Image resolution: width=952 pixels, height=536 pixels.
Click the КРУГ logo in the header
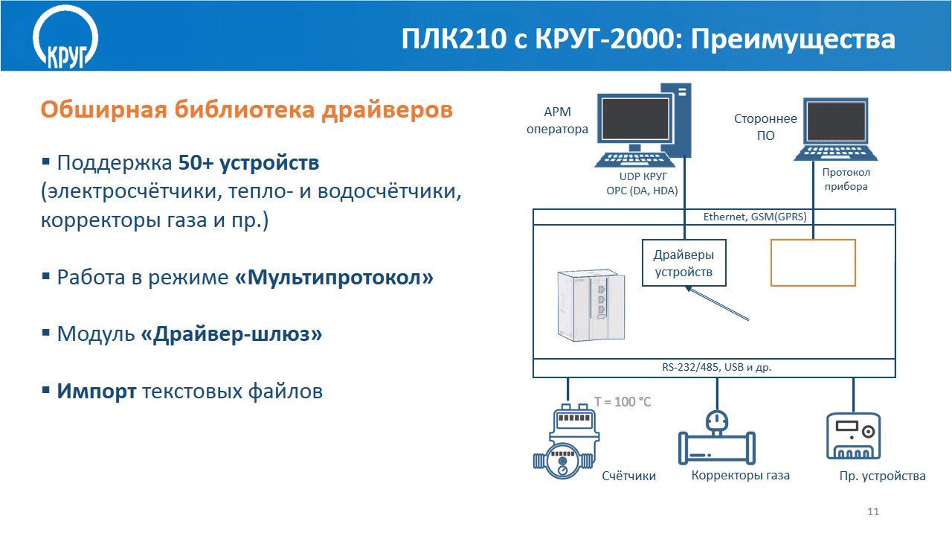click(65, 37)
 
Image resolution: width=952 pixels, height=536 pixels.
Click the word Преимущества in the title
click(793, 39)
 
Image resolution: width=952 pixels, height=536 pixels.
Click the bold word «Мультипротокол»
click(334, 278)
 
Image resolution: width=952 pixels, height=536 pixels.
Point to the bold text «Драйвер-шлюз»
click(231, 334)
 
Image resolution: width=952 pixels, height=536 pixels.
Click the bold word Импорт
click(97, 391)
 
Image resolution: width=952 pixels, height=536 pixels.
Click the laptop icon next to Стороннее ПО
click(836, 130)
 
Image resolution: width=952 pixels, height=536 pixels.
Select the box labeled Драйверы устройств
click(684, 263)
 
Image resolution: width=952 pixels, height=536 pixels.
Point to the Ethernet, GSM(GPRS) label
click(755, 217)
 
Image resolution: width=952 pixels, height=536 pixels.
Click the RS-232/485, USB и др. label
click(716, 367)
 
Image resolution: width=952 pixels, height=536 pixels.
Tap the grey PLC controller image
click(591, 304)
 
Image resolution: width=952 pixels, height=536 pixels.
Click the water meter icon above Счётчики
click(567, 441)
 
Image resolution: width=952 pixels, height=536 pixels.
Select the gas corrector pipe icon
click(717, 437)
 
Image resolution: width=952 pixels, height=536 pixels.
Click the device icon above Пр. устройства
click(853, 436)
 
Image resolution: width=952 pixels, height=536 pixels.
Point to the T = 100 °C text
click(623, 402)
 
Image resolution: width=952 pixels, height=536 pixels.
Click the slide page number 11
click(873, 511)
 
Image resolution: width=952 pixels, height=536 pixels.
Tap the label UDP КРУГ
click(643, 176)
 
